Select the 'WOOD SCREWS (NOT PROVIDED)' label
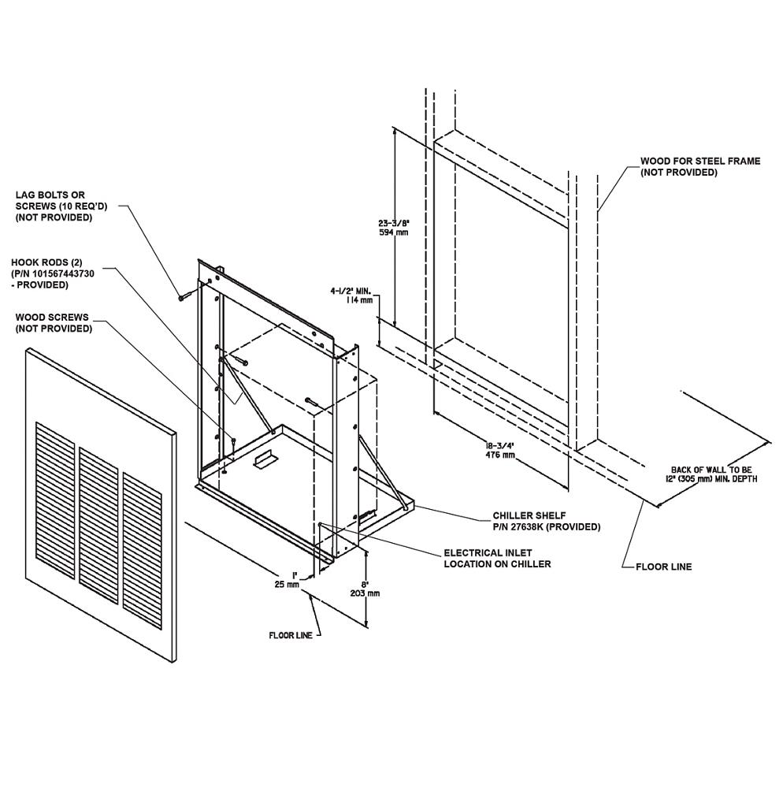[54, 322]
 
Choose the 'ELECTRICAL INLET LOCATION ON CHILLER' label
[497, 559]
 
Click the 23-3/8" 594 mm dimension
[393, 227]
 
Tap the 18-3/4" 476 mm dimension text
[500, 450]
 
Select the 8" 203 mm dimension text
[366, 589]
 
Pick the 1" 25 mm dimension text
[288, 579]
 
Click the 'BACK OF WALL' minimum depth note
[714, 474]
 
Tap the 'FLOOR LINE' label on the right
[663, 567]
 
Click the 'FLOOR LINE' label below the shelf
[291, 635]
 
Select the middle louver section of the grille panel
[99, 525]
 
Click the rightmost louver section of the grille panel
[143, 550]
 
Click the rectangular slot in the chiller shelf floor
[265, 459]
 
